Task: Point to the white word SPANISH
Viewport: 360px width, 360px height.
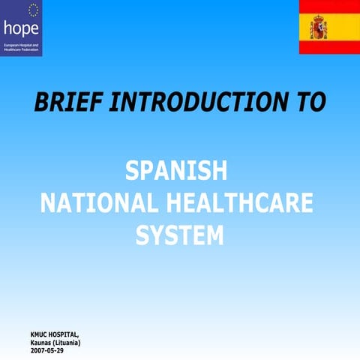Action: (x=176, y=172)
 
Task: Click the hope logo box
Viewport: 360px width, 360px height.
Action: (x=21, y=28)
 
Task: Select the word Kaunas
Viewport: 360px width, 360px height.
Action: (x=40, y=342)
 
